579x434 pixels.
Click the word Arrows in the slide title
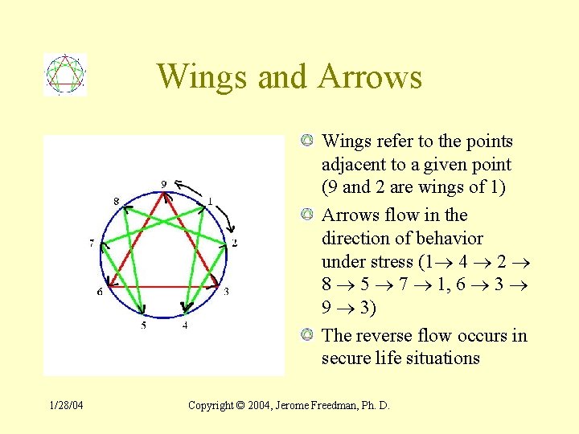click(x=369, y=77)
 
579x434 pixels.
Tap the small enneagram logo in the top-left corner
click(x=64, y=75)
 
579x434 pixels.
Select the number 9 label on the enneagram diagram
click(x=164, y=184)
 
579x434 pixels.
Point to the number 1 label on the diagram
click(x=211, y=200)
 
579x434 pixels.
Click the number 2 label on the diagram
click(x=234, y=242)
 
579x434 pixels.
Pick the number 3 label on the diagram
click(x=226, y=292)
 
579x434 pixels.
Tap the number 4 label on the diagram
click(x=185, y=325)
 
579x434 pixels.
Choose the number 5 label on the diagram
click(x=144, y=325)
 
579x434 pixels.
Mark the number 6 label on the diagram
click(x=100, y=292)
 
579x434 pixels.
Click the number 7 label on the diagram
click(x=93, y=242)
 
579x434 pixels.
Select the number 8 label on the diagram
click(x=116, y=200)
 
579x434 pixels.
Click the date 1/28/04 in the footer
click(x=66, y=405)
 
